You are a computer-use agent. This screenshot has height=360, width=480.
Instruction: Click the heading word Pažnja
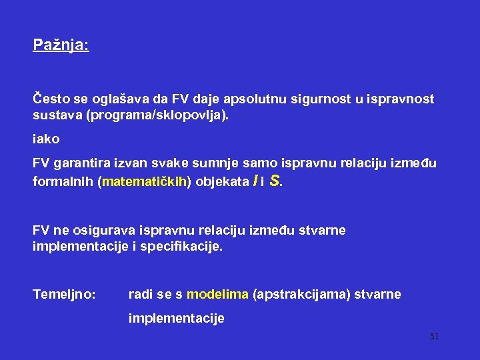click(x=60, y=46)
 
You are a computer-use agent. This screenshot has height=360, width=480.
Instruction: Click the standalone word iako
click(x=46, y=139)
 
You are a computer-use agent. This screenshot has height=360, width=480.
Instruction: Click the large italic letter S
click(x=274, y=180)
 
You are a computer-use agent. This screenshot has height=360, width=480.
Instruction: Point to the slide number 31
click(x=434, y=337)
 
